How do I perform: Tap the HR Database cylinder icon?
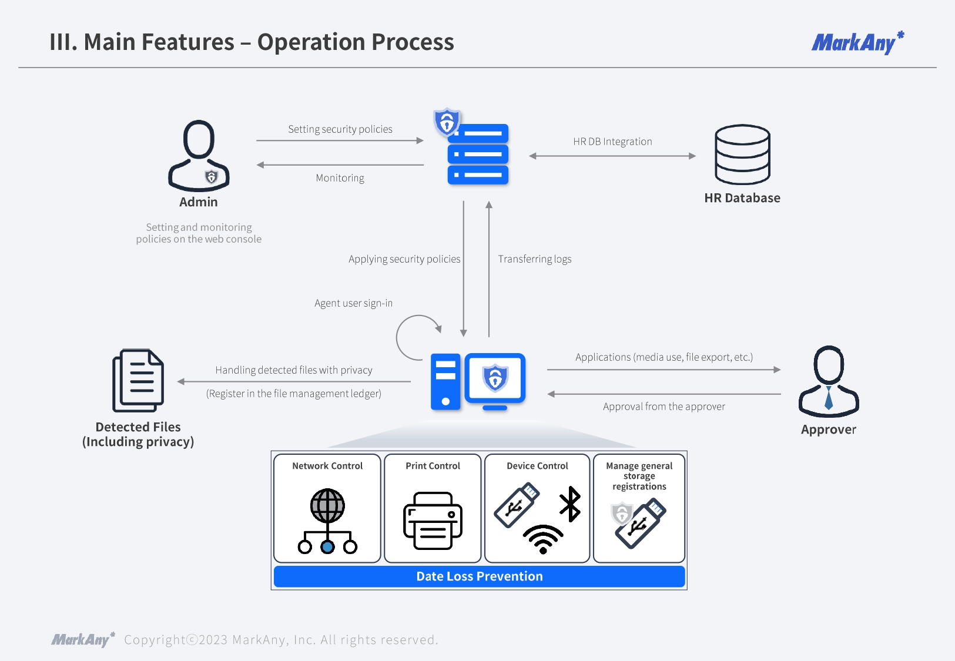click(x=742, y=155)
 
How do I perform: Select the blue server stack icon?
click(x=477, y=154)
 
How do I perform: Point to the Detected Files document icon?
click(x=138, y=381)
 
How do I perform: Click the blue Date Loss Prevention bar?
click(x=479, y=576)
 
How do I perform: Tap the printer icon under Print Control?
click(x=433, y=521)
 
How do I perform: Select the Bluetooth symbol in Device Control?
click(x=570, y=504)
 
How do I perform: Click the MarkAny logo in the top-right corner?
click(x=857, y=43)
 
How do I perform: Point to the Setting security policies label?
click(x=340, y=129)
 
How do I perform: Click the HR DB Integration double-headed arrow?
click(x=612, y=156)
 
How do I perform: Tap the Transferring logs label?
click(x=535, y=259)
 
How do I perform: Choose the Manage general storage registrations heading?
click(x=639, y=476)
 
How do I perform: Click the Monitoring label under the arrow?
click(x=340, y=178)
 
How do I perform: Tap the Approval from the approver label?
click(x=664, y=407)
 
